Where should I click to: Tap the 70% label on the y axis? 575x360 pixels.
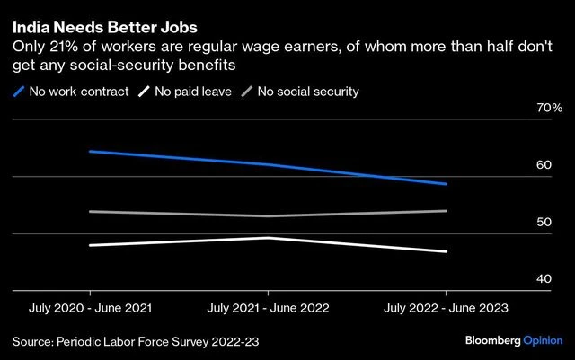548,109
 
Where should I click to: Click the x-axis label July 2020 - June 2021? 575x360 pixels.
89,308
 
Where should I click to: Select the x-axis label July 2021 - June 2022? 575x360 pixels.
268,308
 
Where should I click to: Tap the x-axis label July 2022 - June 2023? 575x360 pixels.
447,308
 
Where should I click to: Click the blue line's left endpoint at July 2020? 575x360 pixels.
89,151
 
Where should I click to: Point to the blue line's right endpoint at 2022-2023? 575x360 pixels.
447,184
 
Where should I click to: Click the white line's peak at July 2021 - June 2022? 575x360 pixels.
268,238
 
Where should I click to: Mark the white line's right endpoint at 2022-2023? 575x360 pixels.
447,252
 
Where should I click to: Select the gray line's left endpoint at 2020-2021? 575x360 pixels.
89,211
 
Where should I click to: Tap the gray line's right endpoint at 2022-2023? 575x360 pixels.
447,211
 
